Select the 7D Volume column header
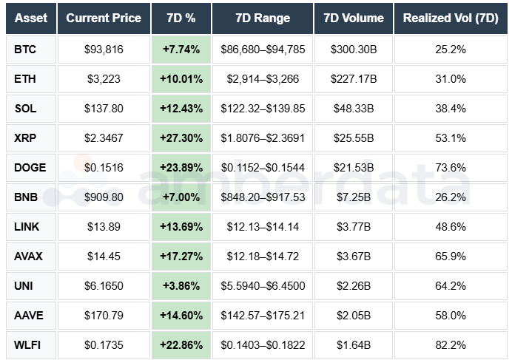pos(354,18)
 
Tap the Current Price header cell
pos(103,18)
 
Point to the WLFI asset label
pos(28,344)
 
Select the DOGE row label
pos(30,168)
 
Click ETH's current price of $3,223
pos(103,79)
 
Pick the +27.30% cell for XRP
pos(181,138)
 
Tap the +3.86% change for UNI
pos(181,285)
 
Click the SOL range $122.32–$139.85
pos(263,109)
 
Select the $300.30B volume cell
pos(354,50)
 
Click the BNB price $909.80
pos(103,197)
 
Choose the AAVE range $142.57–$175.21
pos(263,315)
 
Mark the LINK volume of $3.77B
pos(354,226)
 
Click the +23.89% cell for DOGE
pos(181,168)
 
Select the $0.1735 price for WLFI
pos(103,344)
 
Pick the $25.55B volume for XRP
pos(354,138)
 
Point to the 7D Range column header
pos(263,18)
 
